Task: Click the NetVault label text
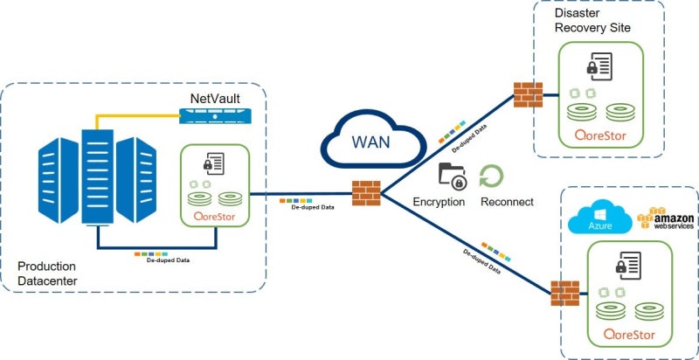point(215,99)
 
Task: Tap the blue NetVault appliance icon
point(215,116)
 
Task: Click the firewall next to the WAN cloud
point(366,193)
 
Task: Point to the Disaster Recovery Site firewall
point(528,94)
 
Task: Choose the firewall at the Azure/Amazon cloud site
point(564,294)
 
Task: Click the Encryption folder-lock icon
point(452,177)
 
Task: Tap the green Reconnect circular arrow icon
point(491,176)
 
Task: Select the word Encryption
point(439,202)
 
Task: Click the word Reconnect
point(507,202)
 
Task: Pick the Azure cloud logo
point(600,217)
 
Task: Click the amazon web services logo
point(665,218)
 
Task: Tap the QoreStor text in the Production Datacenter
point(214,217)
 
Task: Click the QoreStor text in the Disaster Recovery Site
point(600,135)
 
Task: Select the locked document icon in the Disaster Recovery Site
point(599,66)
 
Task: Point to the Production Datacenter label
point(47,273)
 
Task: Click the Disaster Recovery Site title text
point(592,19)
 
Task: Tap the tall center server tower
point(98,177)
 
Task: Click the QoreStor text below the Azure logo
point(629,335)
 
